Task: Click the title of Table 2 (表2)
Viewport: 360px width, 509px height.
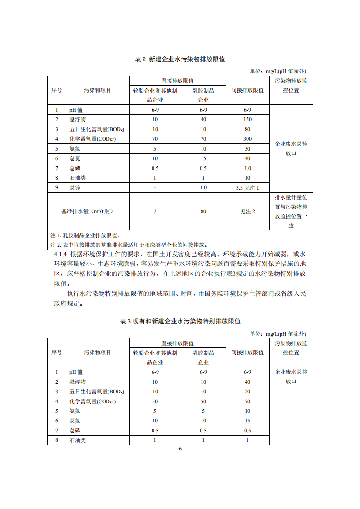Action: tap(180, 59)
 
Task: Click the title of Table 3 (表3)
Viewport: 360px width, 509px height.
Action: tap(180, 321)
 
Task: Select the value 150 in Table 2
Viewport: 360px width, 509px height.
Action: tap(247, 119)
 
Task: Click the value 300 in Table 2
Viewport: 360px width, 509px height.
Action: tap(247, 139)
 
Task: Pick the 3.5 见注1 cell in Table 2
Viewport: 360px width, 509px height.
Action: tap(247, 187)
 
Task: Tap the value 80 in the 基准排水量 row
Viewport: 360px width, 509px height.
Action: tap(203, 211)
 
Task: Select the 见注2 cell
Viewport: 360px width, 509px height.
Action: tap(247, 211)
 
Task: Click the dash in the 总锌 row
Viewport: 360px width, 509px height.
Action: tap(155, 187)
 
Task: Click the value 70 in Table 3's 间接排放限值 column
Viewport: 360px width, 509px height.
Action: tap(247, 401)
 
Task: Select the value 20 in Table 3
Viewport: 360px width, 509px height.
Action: tap(247, 392)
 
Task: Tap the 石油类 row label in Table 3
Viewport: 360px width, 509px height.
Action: tap(78, 440)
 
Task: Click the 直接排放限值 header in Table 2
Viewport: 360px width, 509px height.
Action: tap(178, 80)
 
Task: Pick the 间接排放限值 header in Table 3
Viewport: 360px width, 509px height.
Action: tap(247, 352)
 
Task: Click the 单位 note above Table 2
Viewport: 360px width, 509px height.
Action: tap(278, 71)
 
